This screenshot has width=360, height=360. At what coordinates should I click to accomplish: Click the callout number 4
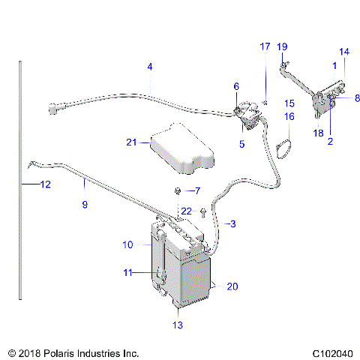coord(150,67)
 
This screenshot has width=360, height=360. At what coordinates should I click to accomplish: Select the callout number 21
coord(132,142)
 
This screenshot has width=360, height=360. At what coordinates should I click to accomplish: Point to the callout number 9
coord(85,204)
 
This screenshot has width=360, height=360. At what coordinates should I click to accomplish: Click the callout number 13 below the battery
coord(177,325)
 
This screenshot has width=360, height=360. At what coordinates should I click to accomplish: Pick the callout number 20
coord(232,286)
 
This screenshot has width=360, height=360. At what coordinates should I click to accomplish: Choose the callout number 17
coord(265,46)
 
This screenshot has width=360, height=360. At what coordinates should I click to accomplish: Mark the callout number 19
coord(282,46)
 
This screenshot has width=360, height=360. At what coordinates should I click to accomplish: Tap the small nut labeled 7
coord(178,190)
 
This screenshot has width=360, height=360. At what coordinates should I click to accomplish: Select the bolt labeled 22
coord(202,213)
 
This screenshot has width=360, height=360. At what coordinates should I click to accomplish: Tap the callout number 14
coord(344,52)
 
